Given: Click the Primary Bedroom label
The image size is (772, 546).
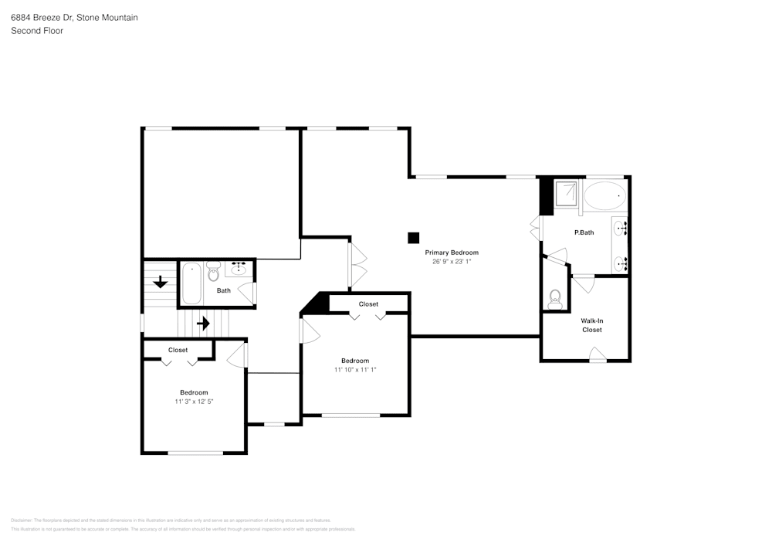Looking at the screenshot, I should tap(452, 253).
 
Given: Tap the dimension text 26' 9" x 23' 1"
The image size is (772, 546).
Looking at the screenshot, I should tap(452, 262).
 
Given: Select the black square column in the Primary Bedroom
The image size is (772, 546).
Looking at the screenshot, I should tap(414, 238).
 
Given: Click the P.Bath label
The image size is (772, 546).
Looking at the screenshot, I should tap(584, 232).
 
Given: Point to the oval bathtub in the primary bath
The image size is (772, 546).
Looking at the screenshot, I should tap(605, 196).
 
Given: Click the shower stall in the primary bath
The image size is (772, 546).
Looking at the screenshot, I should tap(567, 193).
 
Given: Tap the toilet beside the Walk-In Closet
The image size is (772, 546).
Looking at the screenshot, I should tap(554, 300).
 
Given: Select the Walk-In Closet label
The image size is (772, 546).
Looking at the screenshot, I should tap(591, 324).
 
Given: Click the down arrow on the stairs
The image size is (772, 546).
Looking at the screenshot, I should tap(161, 282).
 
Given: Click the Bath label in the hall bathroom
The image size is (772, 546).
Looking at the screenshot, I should tap(223, 290).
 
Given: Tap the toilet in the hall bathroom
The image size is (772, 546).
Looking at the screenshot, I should tap(214, 273).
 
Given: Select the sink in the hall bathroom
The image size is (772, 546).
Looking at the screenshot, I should tap(239, 270).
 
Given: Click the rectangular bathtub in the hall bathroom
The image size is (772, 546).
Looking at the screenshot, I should tap(191, 283).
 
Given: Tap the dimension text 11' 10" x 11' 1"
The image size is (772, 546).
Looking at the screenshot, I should tap(355, 370).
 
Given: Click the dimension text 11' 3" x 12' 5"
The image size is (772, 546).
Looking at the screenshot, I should tap(194, 402).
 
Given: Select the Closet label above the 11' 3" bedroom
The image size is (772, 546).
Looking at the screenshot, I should tap(178, 350).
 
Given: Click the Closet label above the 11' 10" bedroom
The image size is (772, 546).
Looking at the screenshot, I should tap(368, 304).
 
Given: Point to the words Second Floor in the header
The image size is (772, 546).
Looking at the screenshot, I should tap(37, 31).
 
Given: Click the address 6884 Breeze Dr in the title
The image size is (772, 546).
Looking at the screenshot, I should tap(42, 17).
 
